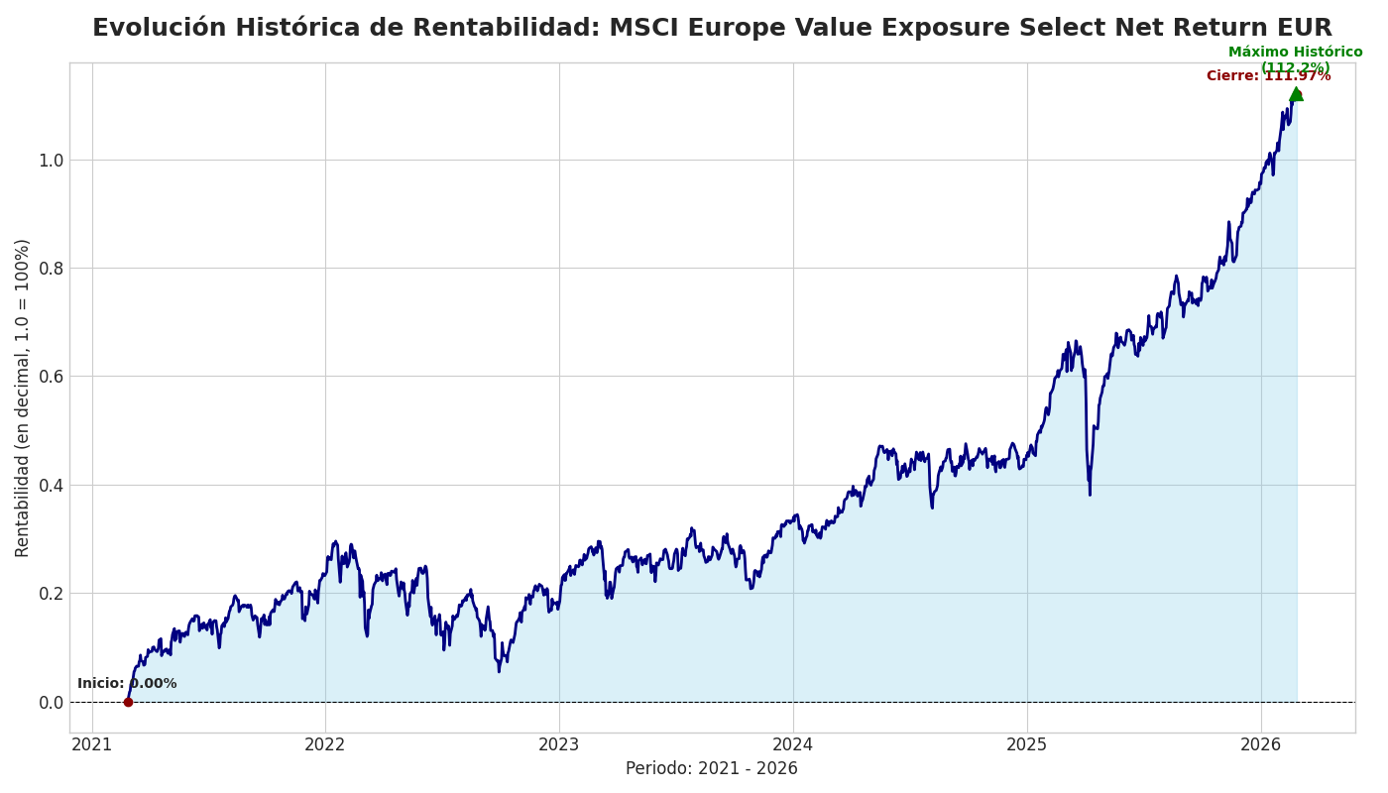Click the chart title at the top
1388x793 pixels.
click(712, 28)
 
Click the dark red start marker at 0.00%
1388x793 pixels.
click(128, 702)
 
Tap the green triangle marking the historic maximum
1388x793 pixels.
click(1296, 94)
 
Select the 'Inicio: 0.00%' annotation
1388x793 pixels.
click(127, 684)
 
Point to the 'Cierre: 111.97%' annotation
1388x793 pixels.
click(1268, 76)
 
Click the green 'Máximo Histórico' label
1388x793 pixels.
click(1295, 53)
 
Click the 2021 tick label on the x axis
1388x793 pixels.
click(92, 744)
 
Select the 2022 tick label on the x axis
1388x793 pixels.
click(325, 744)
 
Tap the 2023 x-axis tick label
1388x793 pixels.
click(559, 744)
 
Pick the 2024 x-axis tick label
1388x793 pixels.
click(793, 744)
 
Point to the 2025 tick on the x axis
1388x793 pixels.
click(1027, 744)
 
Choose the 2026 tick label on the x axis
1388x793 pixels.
click(1261, 744)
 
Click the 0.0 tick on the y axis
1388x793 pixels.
click(51, 703)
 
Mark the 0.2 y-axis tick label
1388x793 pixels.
click(51, 594)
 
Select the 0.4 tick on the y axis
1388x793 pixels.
click(51, 486)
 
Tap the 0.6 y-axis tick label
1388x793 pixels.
click(51, 377)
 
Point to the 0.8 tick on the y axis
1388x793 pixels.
click(51, 269)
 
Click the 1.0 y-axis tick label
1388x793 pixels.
click(51, 161)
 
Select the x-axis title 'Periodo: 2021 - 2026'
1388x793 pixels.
click(711, 769)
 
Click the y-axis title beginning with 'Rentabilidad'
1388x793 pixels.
click(23, 397)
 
